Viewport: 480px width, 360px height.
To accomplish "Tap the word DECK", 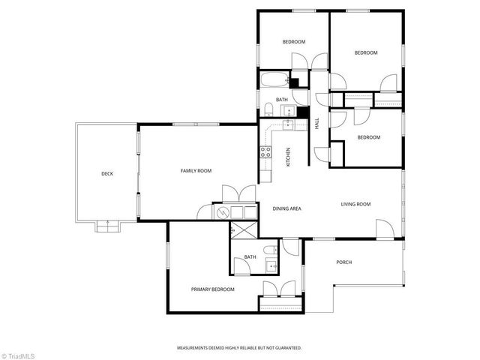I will point(107,174).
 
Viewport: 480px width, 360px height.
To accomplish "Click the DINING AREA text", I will point(286,208).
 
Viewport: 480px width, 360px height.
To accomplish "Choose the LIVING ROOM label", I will point(356,204).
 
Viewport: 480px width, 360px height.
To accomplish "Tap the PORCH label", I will point(344,262).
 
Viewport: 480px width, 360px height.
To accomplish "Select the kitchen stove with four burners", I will point(265,154).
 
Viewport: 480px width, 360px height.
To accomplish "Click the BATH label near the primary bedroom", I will point(250,257).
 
